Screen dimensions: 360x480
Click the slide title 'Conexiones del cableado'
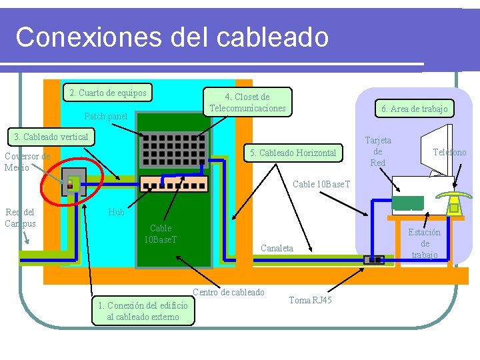point(172,37)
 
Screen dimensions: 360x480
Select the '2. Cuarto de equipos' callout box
point(107,93)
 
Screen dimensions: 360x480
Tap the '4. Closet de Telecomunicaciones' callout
point(247,103)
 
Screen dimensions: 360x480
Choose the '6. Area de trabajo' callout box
point(414,109)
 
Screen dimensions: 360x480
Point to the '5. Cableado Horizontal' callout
point(293,153)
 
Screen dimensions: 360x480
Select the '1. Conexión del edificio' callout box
point(143,311)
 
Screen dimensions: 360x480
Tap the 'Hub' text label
point(117,212)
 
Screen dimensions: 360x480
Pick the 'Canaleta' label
point(277,248)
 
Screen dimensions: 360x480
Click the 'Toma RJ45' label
point(310,300)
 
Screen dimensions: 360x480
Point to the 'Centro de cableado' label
point(229,292)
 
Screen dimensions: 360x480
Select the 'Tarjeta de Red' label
point(378,151)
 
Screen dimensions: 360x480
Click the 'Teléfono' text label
point(449,153)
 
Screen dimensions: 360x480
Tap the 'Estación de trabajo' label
point(425,243)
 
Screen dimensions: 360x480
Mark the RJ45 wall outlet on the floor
point(374,259)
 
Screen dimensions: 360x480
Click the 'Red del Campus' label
point(20,217)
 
